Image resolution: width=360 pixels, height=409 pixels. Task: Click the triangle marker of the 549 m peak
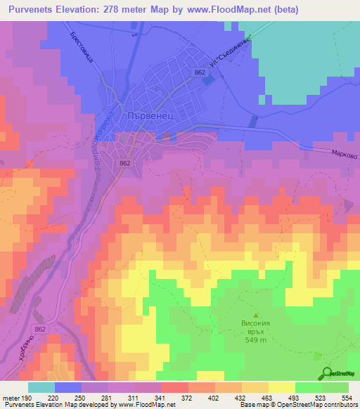point(256,316)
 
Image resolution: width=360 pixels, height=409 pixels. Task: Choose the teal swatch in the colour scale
point(41,387)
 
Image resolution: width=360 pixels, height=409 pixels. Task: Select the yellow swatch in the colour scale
point(281,387)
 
